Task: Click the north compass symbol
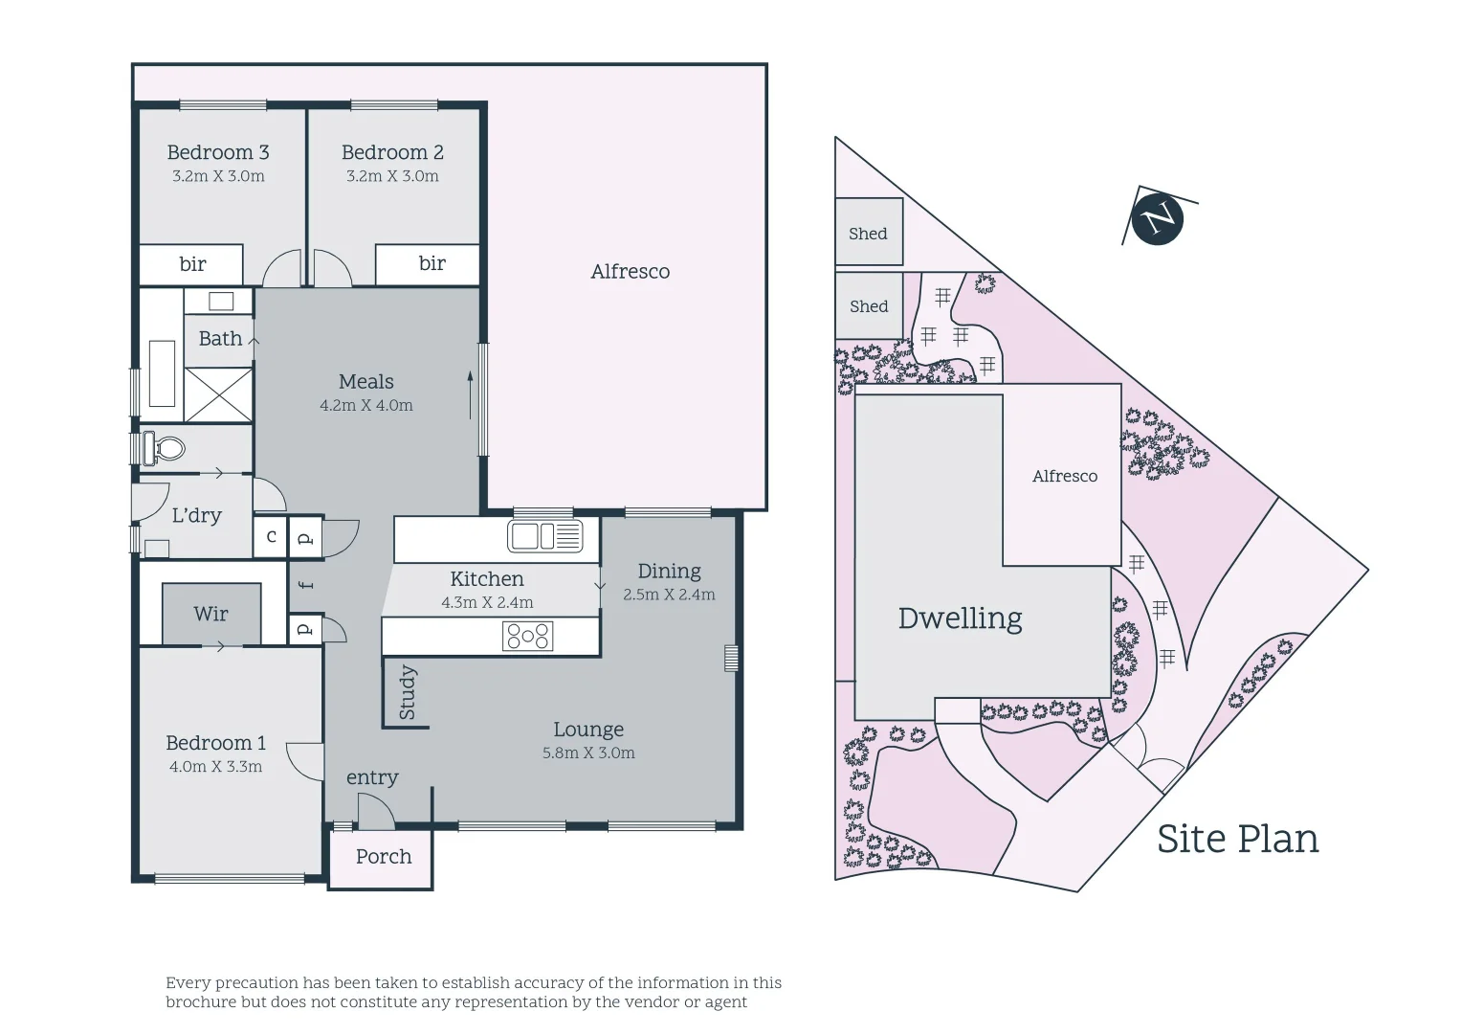coord(1157,217)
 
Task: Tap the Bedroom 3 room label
coord(218,152)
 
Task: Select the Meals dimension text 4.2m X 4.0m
coord(366,406)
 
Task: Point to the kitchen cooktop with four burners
coord(528,636)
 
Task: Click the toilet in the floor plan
coord(164,448)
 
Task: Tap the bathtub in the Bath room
coord(162,373)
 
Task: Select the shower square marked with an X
coord(218,394)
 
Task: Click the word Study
coord(408,692)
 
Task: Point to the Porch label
coord(384,857)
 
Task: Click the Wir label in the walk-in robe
coord(210,614)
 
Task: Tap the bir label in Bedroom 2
coord(432,263)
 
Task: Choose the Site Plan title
coord(1237,839)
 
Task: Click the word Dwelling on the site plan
coord(960,618)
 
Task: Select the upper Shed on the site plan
coord(869,233)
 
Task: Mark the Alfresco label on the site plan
coord(1065,476)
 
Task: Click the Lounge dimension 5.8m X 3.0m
coord(588,753)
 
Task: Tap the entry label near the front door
coord(372,777)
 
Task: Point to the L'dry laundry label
coord(196,515)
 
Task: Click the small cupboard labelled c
coord(271,537)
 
